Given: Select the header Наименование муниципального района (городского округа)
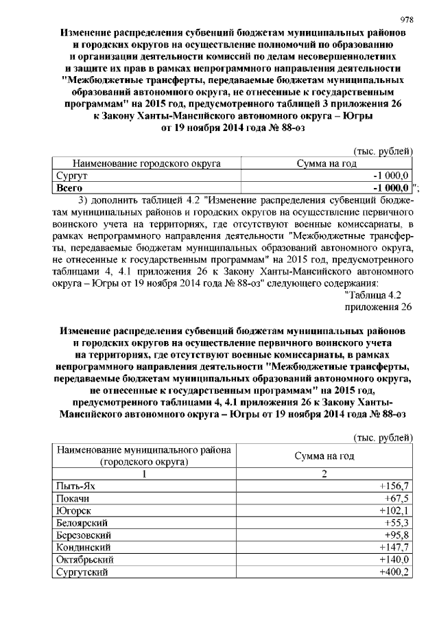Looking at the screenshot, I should [145, 456].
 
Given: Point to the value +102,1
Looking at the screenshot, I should [394, 511].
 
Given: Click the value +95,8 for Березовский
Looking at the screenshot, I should [396, 535].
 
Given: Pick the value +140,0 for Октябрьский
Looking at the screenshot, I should [394, 560].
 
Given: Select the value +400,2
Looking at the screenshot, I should [394, 572].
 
